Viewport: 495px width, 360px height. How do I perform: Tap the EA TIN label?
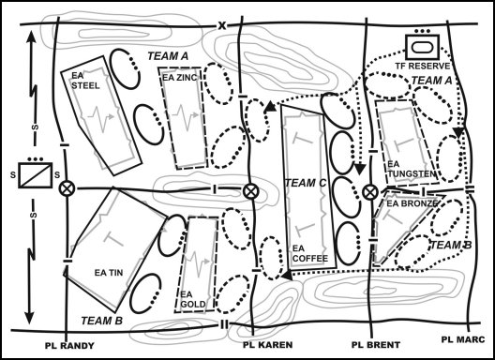tap(110, 273)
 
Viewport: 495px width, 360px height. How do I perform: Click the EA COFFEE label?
tap(307, 254)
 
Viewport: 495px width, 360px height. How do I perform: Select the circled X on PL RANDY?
tap(67, 188)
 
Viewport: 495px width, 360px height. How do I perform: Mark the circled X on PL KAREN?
tap(250, 191)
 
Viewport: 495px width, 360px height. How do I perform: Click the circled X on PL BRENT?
tap(370, 192)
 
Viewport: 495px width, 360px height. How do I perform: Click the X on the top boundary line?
tap(222, 24)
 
